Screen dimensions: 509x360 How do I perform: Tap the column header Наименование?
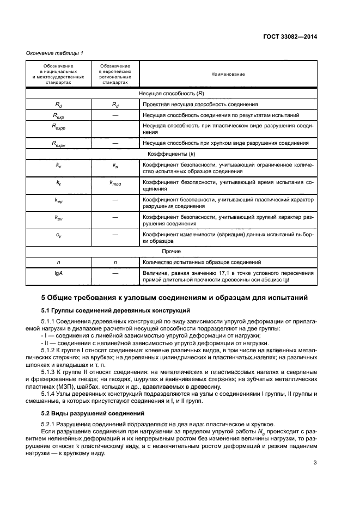pos(228,73)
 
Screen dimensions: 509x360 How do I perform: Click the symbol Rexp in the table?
pos(58,115)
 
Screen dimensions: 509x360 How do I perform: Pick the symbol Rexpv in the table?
pos(58,144)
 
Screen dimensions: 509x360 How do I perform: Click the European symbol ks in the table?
pos(115,165)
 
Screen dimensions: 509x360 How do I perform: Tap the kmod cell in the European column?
pos(115,183)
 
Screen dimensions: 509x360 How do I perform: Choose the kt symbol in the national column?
pos(58,183)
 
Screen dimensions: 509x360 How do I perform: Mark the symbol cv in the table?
pos(58,235)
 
